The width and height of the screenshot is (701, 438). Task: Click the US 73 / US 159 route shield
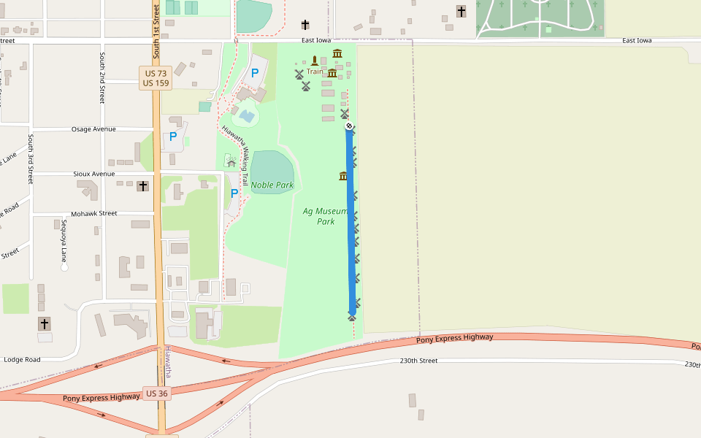click(x=156, y=78)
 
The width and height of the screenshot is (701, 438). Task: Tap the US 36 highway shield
click(x=156, y=393)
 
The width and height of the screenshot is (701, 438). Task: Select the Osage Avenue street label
click(x=93, y=129)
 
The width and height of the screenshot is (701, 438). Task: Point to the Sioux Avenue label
click(x=94, y=174)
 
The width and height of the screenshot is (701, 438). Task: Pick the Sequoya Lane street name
click(x=64, y=241)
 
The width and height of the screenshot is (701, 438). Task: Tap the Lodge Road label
click(x=22, y=359)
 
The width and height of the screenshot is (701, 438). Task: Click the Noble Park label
click(x=272, y=185)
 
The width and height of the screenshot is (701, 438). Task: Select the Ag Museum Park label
click(x=325, y=216)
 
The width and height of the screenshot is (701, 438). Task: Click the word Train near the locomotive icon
click(x=315, y=72)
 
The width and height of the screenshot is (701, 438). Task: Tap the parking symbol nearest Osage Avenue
click(x=173, y=137)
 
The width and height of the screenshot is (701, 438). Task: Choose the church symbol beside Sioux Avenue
click(x=143, y=186)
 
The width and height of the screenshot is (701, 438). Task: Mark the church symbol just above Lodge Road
click(x=45, y=323)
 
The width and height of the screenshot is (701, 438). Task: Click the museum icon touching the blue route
click(x=343, y=176)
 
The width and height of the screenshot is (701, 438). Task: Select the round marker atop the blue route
click(x=350, y=126)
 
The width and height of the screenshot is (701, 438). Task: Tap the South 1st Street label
click(x=156, y=29)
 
